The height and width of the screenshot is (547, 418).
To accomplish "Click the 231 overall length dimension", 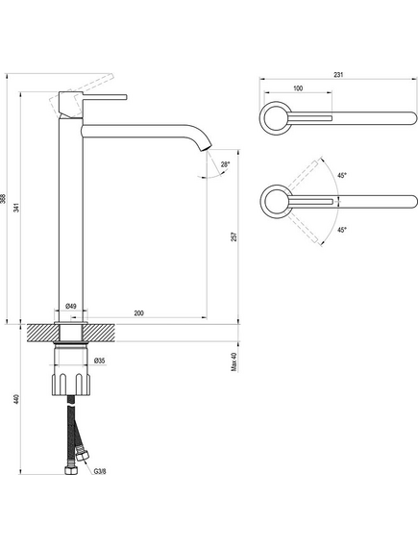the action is point(338,75).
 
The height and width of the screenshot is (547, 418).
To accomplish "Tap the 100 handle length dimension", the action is point(298,88).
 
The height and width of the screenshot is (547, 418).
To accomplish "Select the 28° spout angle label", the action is point(225,164).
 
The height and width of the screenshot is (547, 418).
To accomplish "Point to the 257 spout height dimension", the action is point(234,236).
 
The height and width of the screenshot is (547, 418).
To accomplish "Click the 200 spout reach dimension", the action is point(138,313).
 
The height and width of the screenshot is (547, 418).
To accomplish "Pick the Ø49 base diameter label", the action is point(71,307).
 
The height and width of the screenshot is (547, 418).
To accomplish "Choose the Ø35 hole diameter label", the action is point(99,361).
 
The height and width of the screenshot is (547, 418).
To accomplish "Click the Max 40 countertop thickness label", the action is point(234,361).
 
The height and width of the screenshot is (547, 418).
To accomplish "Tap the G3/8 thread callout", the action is point(100,472).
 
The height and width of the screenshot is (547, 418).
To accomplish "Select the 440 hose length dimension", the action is point(16,399).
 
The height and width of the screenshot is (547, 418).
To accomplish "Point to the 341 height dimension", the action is point(16,208).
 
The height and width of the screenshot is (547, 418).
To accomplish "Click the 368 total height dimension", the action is point(3,199).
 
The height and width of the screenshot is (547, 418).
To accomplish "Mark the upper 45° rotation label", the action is point(342,176).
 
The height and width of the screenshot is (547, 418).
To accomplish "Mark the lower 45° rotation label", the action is point(342,230).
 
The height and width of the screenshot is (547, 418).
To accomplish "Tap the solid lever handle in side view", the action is point(105,97).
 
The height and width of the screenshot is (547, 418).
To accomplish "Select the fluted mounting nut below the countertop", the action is point(71,385).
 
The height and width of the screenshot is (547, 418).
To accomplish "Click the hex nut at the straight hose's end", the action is point(71,471).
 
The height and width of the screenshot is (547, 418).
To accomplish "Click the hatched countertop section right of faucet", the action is point(100,333).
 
